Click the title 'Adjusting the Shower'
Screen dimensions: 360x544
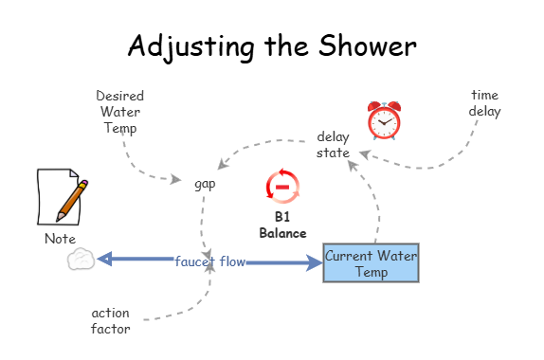(272, 45)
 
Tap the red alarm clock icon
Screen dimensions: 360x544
(385, 119)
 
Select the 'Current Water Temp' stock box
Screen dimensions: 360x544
(371, 262)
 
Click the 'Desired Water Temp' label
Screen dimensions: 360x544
(120, 112)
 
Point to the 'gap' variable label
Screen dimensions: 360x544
(205, 183)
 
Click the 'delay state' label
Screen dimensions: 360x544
(333, 144)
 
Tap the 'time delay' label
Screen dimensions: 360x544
(484, 103)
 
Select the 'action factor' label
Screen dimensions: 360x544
(111, 320)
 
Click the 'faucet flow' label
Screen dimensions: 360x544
(209, 261)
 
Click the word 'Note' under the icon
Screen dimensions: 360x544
(61, 239)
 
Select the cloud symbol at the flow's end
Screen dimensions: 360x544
(82, 260)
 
